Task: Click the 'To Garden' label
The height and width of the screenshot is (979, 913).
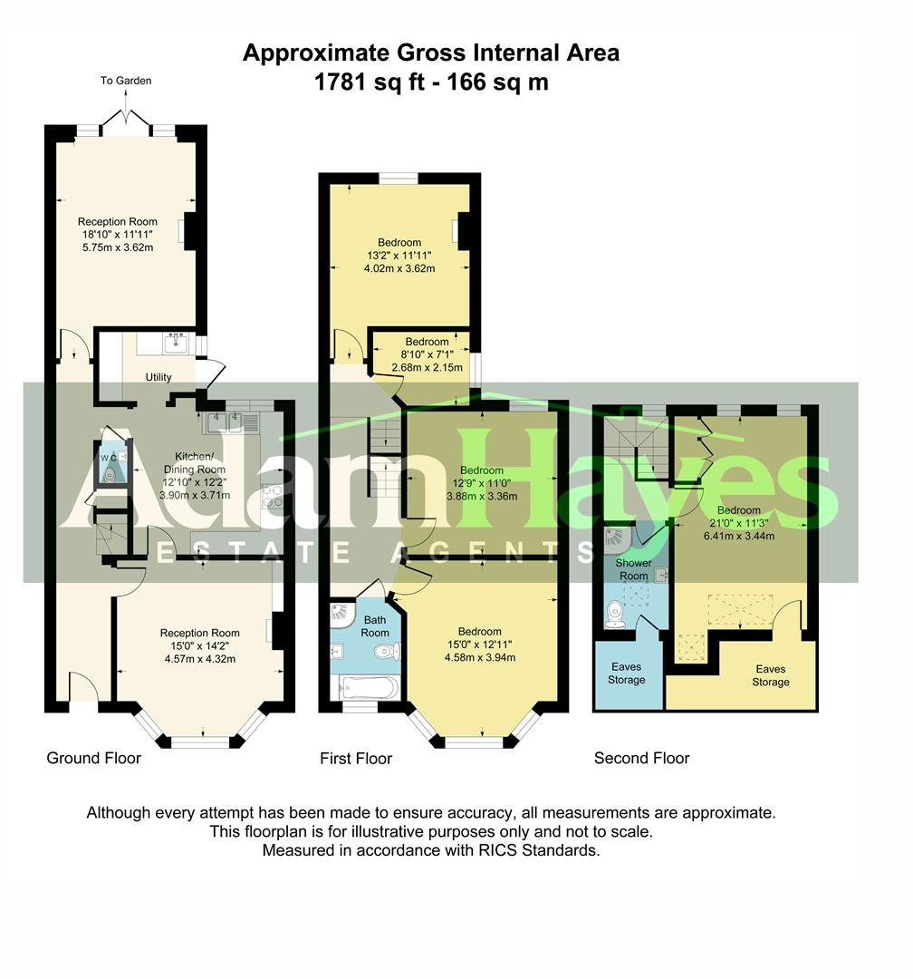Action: coord(126,81)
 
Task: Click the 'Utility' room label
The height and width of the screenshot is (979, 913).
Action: coord(159,377)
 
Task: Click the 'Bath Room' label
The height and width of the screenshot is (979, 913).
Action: coord(376,626)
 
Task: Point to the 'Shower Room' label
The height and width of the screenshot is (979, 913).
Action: coord(633,569)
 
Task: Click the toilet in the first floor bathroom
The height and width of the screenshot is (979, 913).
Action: coord(388,651)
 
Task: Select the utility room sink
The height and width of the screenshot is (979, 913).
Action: coord(175,342)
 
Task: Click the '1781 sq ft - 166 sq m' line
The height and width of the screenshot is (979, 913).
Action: coord(431,82)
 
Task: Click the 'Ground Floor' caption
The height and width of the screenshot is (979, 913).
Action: coord(94,758)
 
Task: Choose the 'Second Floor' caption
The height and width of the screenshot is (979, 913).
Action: coord(641,758)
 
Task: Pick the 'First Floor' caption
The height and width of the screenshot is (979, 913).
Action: coord(356,758)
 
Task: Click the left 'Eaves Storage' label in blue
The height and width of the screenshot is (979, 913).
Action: coord(627,674)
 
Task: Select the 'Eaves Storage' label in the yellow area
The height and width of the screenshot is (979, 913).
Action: coord(770,675)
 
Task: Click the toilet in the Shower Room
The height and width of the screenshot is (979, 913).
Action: coord(616,615)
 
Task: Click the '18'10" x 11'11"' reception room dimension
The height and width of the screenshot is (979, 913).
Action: coord(118,234)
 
